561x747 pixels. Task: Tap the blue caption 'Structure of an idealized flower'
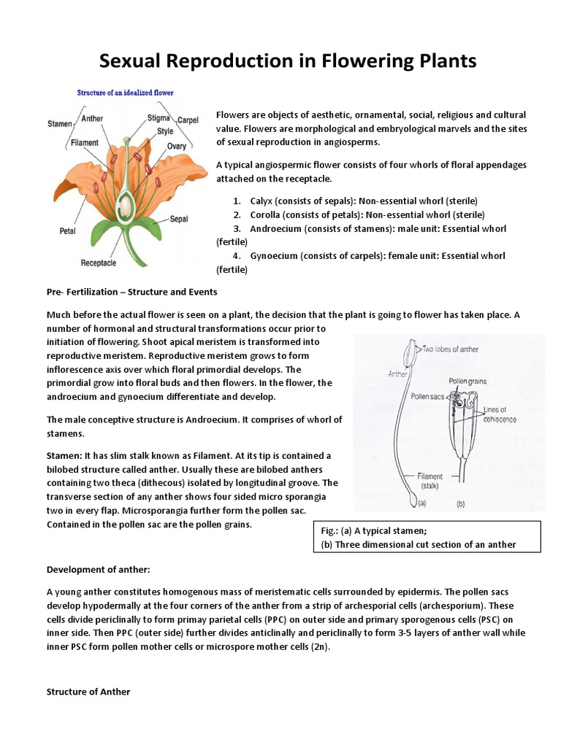(x=126, y=93)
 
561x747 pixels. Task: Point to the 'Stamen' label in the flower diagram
(x=59, y=124)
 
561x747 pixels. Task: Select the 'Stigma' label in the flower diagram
(x=159, y=117)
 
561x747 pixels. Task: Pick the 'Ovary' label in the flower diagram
(x=177, y=147)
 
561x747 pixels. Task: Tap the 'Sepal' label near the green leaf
(x=179, y=218)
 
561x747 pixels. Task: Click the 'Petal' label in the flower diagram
(x=67, y=231)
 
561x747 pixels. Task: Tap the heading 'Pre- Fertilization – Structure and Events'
(x=131, y=292)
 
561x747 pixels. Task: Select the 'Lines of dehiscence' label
(x=500, y=414)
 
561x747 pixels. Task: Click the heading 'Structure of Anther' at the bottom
(x=88, y=692)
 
